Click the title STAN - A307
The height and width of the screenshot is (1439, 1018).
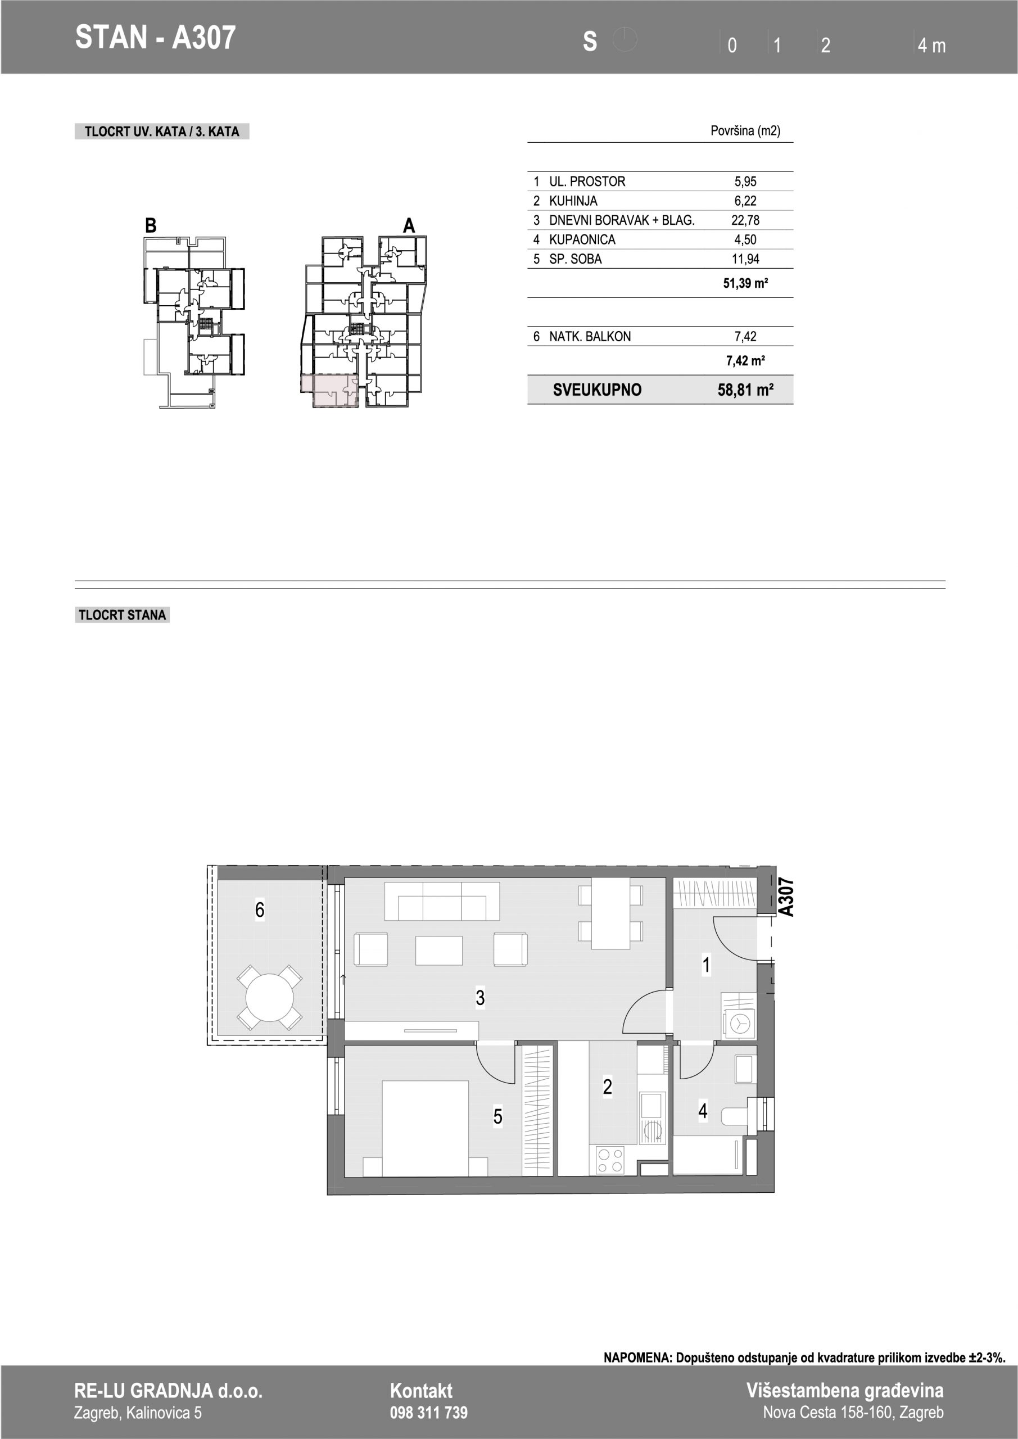pos(156,38)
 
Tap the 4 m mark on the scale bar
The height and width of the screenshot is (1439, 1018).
pos(931,45)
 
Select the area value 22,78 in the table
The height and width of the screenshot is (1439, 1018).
pos(745,220)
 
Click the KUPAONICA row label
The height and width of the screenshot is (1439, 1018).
pos(582,239)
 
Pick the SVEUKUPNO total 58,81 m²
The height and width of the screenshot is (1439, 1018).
pos(745,390)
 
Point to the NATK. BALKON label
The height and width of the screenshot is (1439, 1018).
pos(590,337)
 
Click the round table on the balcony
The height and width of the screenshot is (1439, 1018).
pos(270,997)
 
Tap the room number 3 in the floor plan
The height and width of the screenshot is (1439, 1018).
pos(480,998)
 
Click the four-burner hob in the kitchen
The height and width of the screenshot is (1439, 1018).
pos(610,1159)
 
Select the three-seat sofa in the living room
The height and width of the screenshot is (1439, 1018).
pos(442,900)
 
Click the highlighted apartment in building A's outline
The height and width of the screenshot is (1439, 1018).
pos(331,391)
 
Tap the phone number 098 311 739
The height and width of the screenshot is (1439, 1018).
pos(429,1412)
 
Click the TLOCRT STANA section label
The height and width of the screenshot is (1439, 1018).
pos(122,615)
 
